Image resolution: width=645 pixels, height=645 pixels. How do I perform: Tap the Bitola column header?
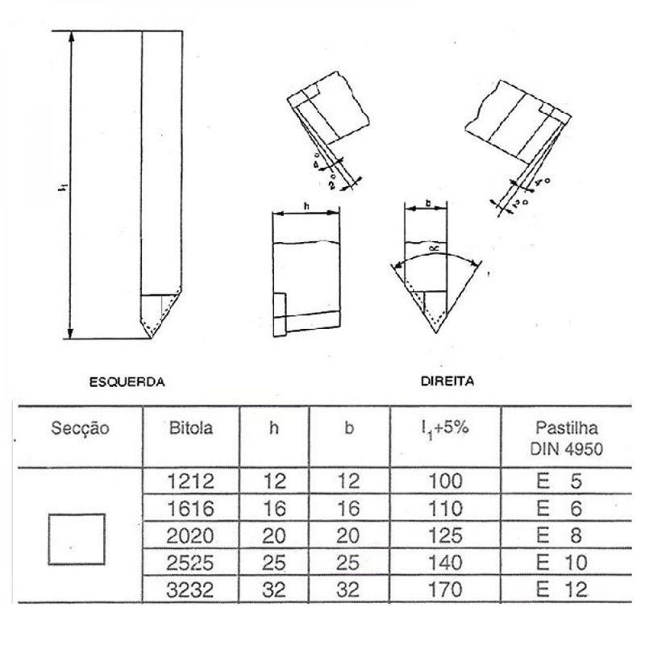click(x=191, y=428)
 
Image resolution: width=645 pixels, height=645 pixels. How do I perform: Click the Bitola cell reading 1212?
click(x=191, y=482)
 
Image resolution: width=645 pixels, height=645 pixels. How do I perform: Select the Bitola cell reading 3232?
click(x=191, y=589)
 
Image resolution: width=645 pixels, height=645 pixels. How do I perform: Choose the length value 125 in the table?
click(x=445, y=535)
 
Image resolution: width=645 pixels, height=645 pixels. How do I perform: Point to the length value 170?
click(x=445, y=589)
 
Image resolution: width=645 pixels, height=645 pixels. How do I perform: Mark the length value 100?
click(x=445, y=482)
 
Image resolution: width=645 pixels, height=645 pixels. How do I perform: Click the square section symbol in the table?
click(x=77, y=539)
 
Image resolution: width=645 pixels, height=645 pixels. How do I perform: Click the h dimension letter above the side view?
click(x=306, y=206)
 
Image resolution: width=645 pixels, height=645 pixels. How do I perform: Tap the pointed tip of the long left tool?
click(x=151, y=339)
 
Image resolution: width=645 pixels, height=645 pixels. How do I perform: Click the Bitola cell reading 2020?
click(x=191, y=535)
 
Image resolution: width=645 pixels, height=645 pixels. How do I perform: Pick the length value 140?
click(x=445, y=563)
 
